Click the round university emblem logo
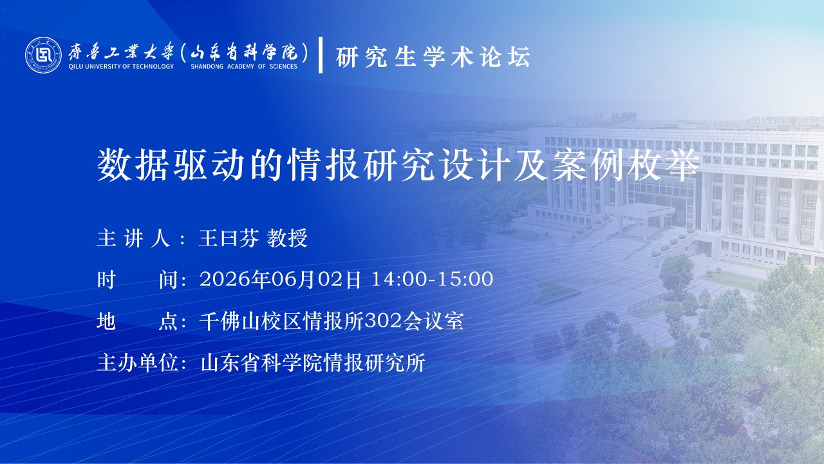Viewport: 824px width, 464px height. pyautogui.click(x=43, y=55)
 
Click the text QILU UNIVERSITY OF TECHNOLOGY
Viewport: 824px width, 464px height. pyautogui.click(x=121, y=66)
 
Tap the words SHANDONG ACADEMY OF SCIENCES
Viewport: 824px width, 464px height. pyautogui.click(x=244, y=66)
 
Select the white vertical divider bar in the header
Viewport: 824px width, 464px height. pyautogui.click(x=321, y=55)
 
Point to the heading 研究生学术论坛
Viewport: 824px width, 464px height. pyautogui.click(x=433, y=57)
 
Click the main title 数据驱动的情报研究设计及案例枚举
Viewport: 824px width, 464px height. pyautogui.click(x=398, y=165)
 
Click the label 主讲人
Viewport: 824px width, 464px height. pyautogui.click(x=133, y=238)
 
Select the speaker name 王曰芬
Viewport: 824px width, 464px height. pyautogui.click(x=229, y=238)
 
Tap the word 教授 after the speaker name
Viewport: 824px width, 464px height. pyautogui.click(x=287, y=238)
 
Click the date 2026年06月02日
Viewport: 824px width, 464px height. pyautogui.click(x=280, y=279)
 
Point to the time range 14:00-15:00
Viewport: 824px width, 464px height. pyautogui.click(x=432, y=279)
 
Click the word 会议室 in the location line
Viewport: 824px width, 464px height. pyautogui.click(x=433, y=321)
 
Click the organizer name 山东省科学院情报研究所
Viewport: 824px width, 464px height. pyautogui.click(x=313, y=362)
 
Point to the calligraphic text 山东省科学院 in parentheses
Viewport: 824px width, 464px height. pyautogui.click(x=244, y=52)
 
